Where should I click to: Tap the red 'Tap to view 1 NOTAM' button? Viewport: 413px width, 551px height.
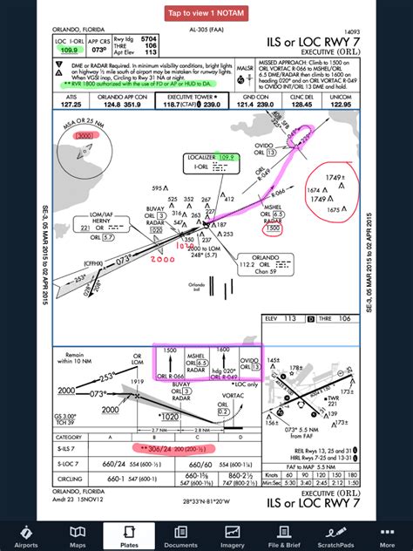[206, 13]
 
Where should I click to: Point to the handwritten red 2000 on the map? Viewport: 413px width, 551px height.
[162, 259]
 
